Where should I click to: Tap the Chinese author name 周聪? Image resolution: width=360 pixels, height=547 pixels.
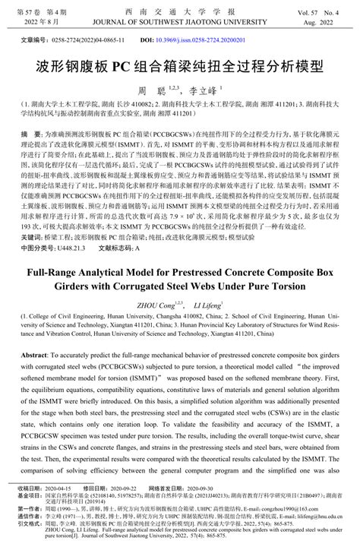158,90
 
